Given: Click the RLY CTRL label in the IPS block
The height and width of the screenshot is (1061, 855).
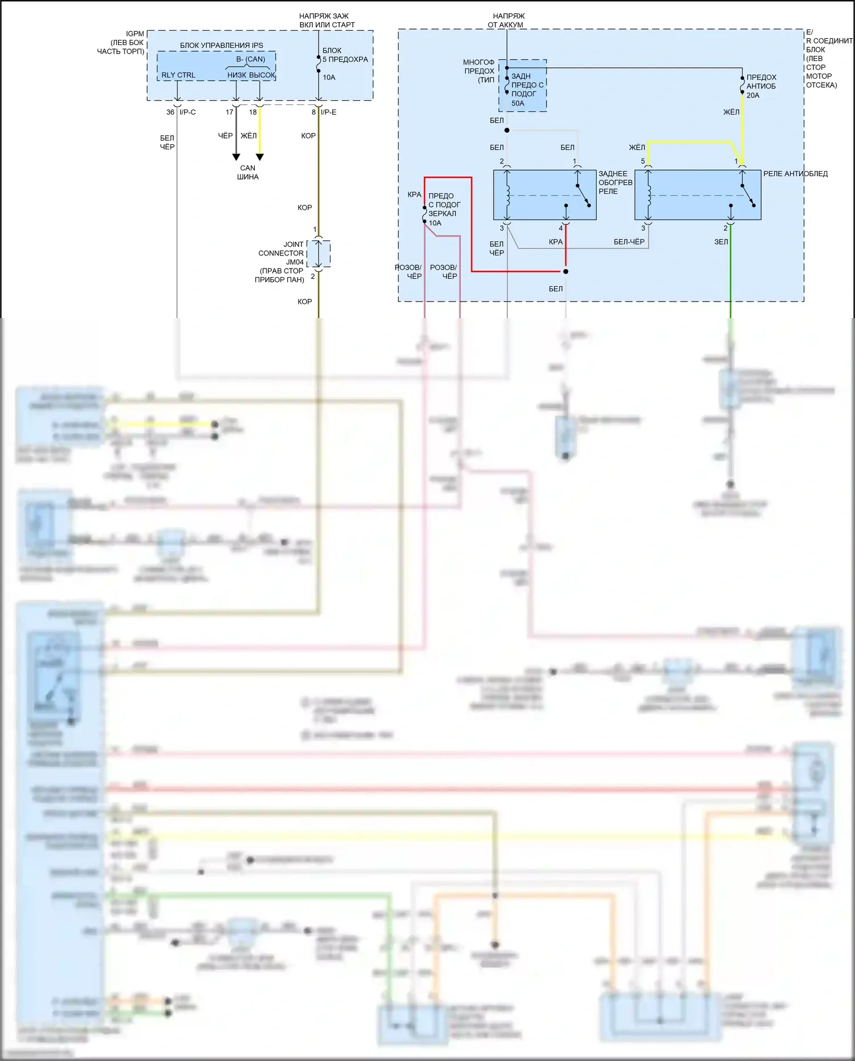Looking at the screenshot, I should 178,75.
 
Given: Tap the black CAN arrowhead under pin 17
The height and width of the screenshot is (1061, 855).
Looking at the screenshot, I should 236,157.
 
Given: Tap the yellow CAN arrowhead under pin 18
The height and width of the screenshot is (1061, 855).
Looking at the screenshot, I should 260,157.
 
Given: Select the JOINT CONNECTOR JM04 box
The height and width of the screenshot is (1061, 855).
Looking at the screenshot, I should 319,254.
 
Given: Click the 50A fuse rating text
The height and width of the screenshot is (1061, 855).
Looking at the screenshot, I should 518,104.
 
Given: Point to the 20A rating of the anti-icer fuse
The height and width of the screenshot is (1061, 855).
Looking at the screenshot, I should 753,96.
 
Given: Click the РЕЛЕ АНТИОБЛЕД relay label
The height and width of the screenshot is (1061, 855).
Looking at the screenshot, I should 795,174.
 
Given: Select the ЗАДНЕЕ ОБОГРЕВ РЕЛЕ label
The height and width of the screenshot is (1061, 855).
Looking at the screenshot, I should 615,182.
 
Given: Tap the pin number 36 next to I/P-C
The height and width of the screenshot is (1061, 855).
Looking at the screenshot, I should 170,112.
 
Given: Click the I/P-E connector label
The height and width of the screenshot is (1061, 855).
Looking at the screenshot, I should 328,112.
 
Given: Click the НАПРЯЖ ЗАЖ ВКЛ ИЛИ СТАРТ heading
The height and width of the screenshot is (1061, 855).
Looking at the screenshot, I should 327,21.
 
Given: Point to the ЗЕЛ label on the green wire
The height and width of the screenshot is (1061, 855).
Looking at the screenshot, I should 721,242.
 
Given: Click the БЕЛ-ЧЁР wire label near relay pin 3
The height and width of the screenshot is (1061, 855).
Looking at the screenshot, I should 629,242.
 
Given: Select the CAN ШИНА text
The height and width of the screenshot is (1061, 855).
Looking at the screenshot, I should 248,172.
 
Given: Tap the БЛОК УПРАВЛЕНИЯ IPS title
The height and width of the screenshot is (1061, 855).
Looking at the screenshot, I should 221,46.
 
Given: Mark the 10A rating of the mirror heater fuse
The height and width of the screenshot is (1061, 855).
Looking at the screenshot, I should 435,223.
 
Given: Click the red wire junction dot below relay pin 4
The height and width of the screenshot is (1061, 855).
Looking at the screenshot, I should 565,271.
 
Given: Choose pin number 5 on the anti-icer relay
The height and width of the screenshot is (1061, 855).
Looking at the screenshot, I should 643,161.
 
